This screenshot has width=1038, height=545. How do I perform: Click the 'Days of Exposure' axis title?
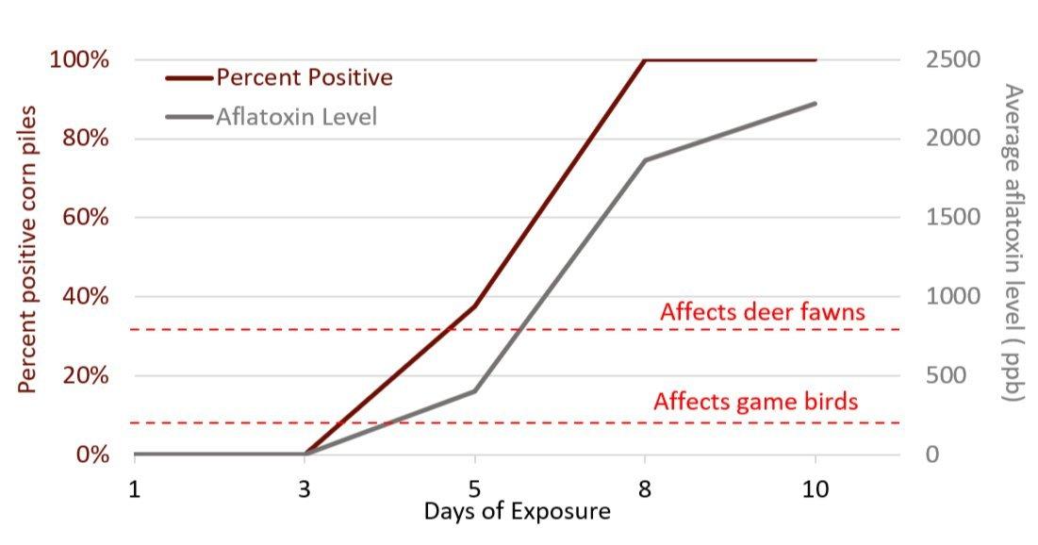coord(517,512)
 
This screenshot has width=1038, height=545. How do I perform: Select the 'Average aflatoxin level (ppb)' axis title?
coord(1013,243)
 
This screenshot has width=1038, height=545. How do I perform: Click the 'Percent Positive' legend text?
coord(303,76)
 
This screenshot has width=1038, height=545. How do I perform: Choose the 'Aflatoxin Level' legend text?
coord(297,117)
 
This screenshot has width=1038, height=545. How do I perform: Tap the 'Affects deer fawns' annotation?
coord(762,311)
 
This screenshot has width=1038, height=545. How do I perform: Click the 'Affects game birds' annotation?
coord(755,402)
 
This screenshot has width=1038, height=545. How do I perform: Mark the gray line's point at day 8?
coord(645,159)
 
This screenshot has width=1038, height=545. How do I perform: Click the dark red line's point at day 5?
coord(474,306)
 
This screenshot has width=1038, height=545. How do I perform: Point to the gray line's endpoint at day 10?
coord(815,103)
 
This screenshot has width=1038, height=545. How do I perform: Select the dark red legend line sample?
coord(189,76)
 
